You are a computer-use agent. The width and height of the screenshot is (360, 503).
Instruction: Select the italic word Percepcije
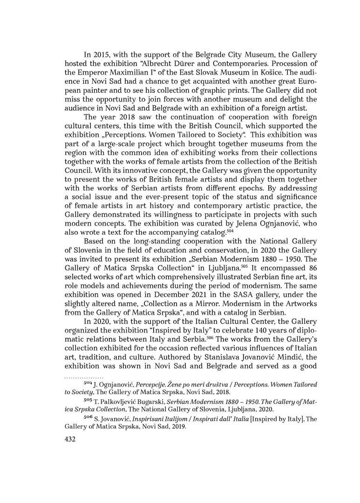(151, 384)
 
